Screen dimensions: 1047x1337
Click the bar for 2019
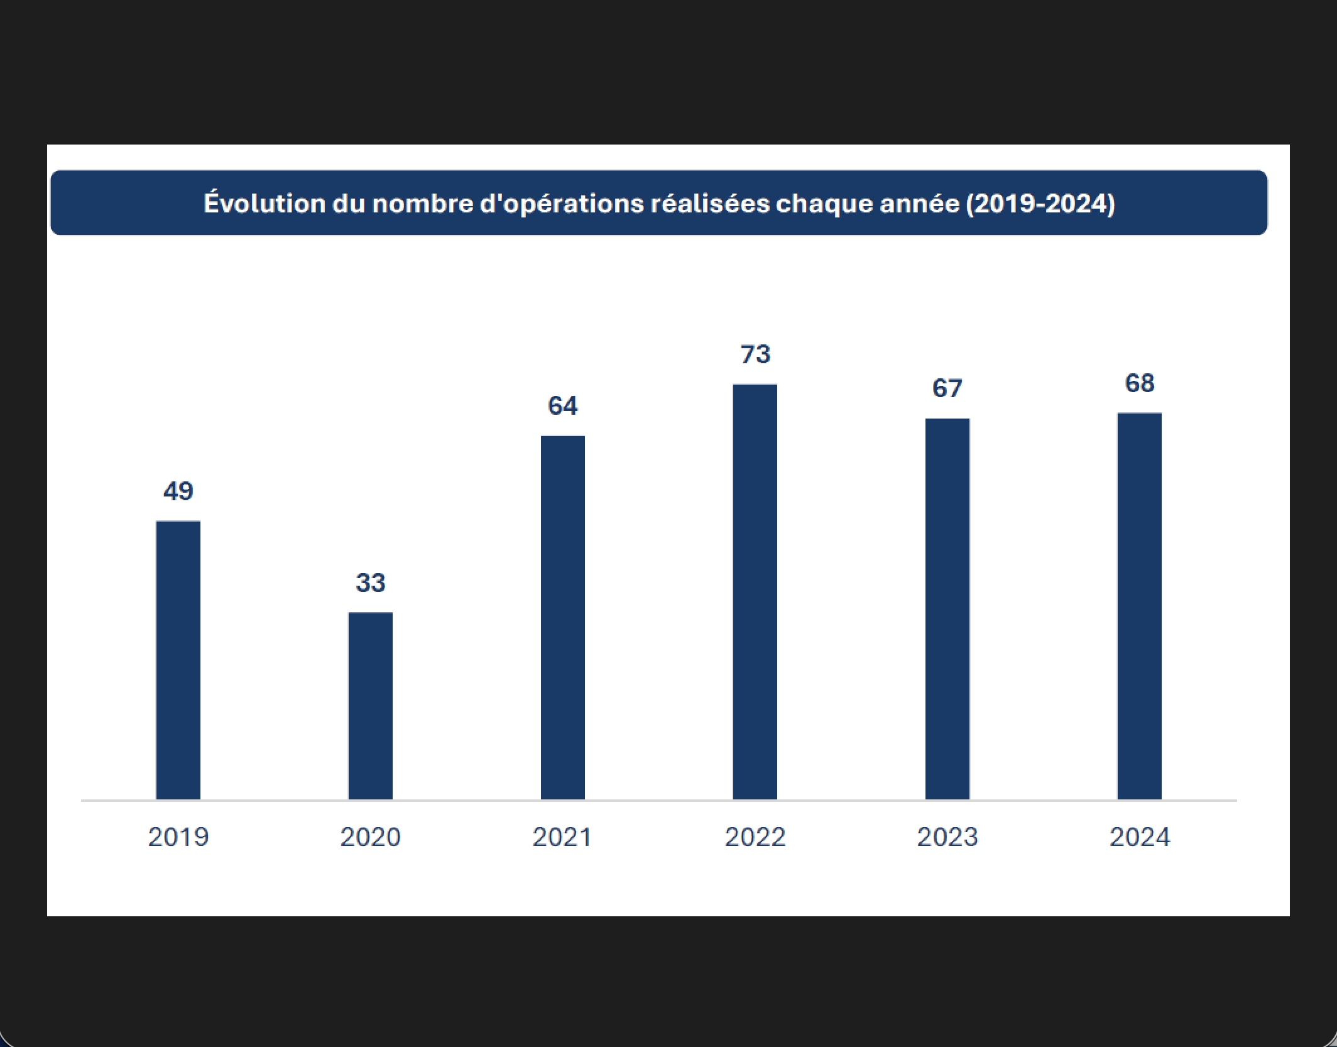pos(178,660)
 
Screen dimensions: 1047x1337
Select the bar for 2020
pos(371,706)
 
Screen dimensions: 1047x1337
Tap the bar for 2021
pos(563,617)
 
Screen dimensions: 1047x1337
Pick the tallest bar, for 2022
pos(755,591)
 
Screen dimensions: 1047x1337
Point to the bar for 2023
pos(947,608)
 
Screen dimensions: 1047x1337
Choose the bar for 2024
pos(1140,606)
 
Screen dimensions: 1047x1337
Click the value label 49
pos(178,491)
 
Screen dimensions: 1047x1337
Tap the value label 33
pos(371,583)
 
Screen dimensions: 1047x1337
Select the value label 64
pos(563,405)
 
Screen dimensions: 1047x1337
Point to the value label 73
pos(755,354)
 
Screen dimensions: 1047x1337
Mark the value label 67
pos(947,388)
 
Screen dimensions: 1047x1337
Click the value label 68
pos(1140,383)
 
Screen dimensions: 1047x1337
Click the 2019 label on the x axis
pos(178,837)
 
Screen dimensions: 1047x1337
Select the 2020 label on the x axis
pos(371,837)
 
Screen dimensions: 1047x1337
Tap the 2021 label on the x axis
pos(563,837)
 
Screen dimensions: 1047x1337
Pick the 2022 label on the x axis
pos(755,837)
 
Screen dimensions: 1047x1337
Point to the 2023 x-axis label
pos(947,837)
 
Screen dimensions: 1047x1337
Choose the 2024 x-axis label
pos(1140,837)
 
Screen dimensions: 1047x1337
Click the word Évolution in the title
pos(265,203)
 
